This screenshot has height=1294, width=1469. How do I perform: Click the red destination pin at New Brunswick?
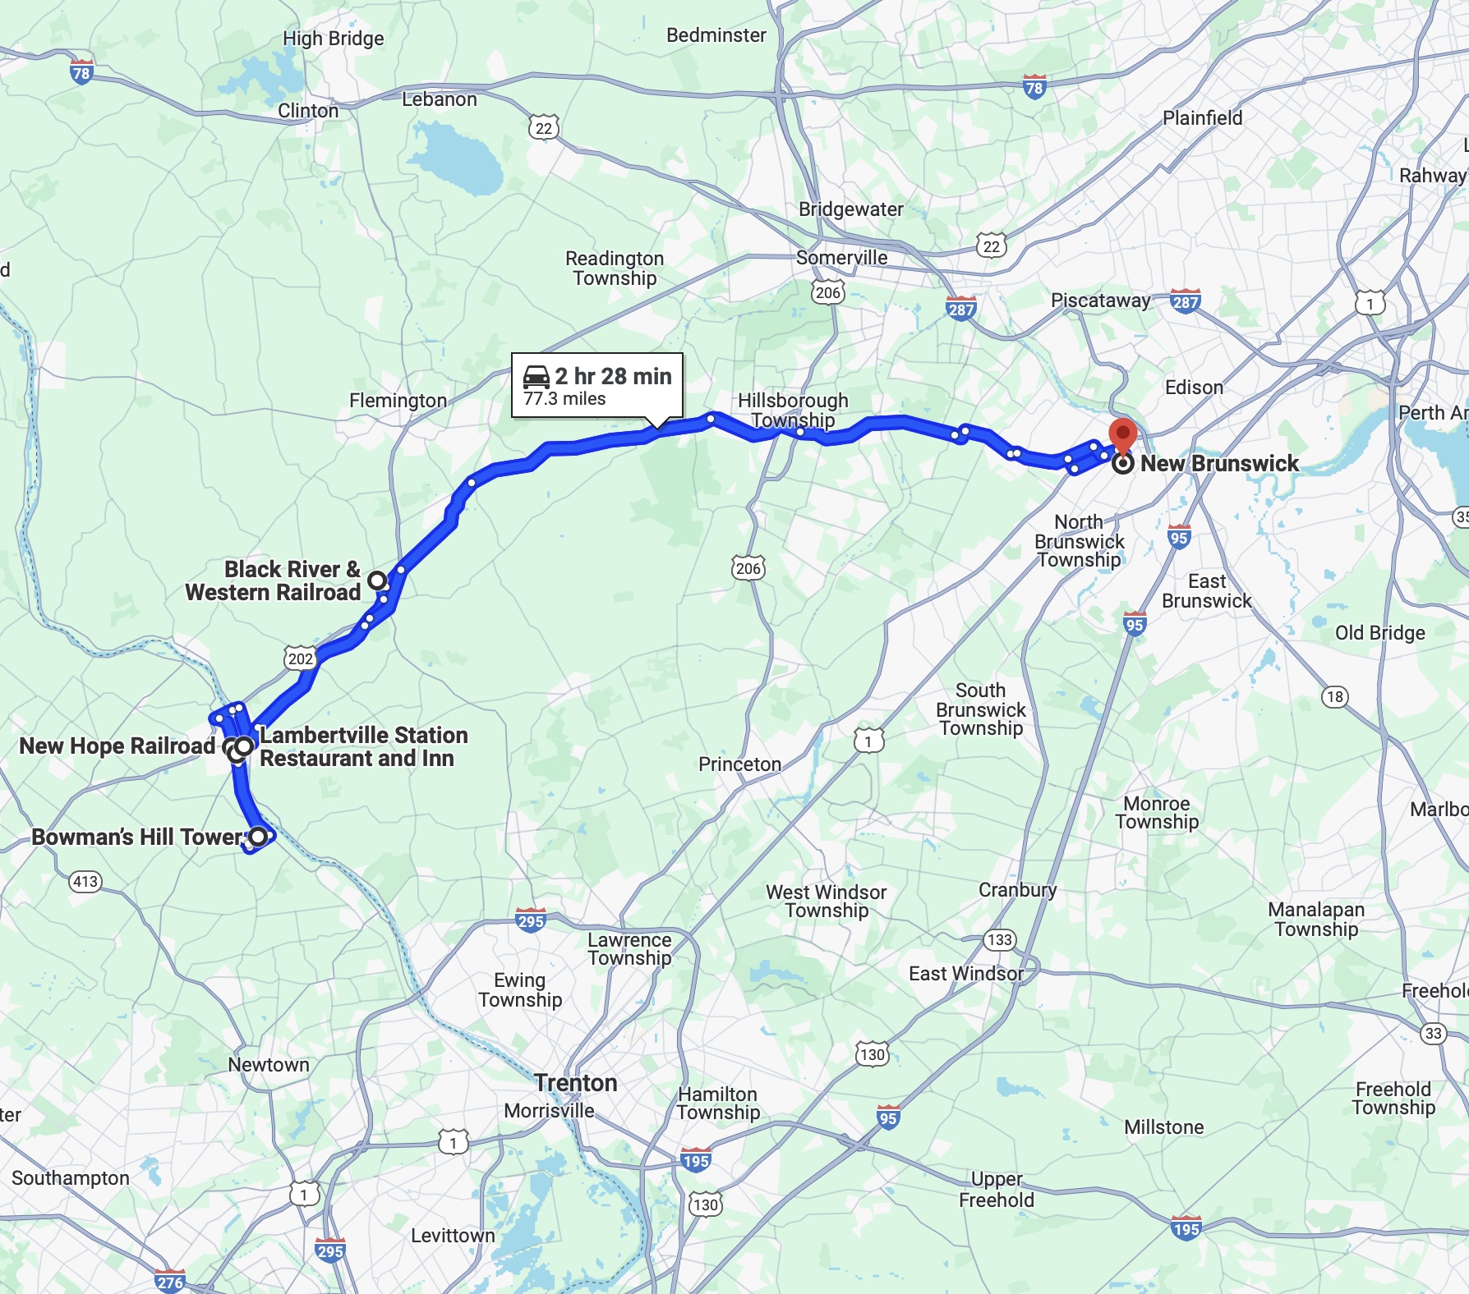[x=1122, y=434]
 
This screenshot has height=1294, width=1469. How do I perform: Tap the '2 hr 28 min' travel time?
[x=613, y=376]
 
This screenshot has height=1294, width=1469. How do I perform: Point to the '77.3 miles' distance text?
[x=564, y=399]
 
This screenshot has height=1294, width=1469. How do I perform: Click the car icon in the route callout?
[x=536, y=376]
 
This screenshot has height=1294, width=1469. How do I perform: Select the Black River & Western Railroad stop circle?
[x=376, y=580]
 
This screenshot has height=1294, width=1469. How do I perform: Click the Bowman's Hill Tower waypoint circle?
[x=258, y=837]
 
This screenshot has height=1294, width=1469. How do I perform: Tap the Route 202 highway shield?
[x=301, y=658]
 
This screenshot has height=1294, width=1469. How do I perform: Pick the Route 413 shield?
[x=85, y=882]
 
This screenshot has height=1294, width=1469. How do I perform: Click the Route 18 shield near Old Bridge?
[x=1335, y=697]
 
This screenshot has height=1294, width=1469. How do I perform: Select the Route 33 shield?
[x=1434, y=1033]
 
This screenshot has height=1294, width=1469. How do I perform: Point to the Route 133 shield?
[x=1000, y=940]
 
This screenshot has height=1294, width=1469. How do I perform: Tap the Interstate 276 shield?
[x=170, y=1282]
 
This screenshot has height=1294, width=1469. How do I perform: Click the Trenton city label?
[x=576, y=1083]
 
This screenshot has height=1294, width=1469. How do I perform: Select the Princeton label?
[x=739, y=764]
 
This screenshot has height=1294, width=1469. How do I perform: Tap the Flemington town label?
[x=398, y=401]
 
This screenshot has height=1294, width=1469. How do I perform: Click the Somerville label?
[x=841, y=258]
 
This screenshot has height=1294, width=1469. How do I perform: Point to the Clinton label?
[x=308, y=111]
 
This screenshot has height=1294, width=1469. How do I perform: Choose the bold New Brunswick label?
[x=1219, y=464]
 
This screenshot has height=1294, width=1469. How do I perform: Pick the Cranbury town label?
[x=1017, y=890]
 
